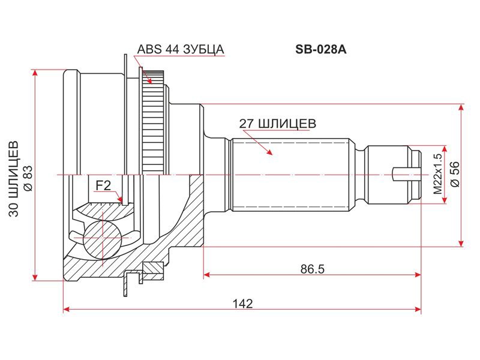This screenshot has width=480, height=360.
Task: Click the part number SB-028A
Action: (321, 50)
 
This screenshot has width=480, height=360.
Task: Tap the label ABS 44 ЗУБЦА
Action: (181, 49)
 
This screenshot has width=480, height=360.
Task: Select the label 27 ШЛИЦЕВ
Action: (278, 124)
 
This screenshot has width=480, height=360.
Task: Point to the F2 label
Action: (103, 185)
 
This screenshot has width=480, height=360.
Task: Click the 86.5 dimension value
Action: (312, 269)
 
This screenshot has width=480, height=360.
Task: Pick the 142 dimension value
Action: (243, 304)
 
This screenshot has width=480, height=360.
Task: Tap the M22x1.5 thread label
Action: (438, 174)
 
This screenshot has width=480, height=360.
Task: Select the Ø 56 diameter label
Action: (455, 174)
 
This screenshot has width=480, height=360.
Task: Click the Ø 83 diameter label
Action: (27, 178)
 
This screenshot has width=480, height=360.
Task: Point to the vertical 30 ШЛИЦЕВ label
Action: (13, 179)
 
